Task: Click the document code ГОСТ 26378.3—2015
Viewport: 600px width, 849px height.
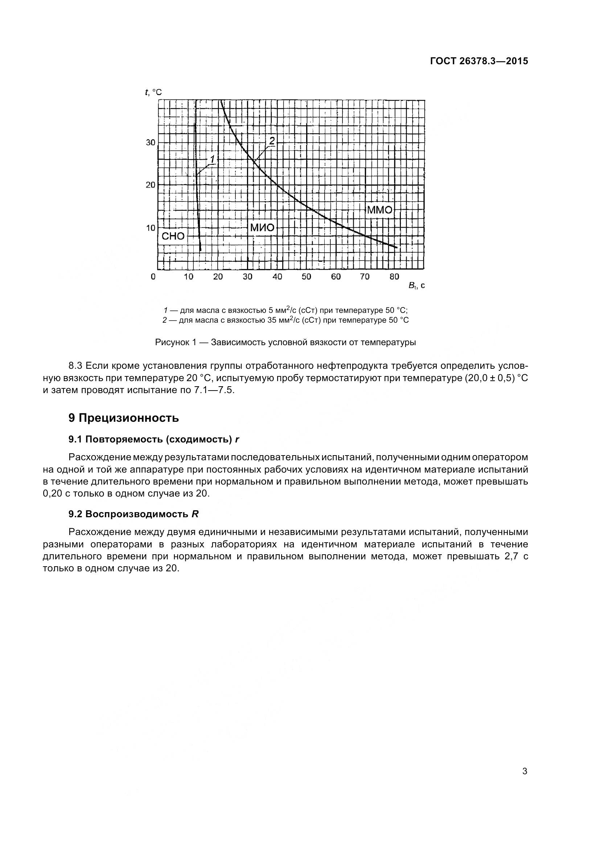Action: [479, 61]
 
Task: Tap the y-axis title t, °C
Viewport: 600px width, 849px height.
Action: [153, 91]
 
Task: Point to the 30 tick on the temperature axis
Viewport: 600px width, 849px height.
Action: [151, 142]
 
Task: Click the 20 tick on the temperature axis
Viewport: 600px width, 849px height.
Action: [151, 184]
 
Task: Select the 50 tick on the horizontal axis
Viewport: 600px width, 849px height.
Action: [306, 277]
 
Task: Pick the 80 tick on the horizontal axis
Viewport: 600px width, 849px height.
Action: [394, 277]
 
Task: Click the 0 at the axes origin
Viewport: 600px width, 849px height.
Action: [153, 277]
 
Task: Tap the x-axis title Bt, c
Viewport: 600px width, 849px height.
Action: [416, 286]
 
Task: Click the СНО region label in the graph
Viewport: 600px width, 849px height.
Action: [173, 236]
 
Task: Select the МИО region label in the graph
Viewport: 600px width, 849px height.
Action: [262, 228]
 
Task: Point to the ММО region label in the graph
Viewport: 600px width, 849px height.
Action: [379, 210]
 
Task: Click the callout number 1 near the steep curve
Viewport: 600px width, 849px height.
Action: [213, 159]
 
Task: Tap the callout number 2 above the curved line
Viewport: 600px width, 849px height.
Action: [272, 141]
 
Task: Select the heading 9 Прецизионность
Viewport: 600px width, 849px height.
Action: [124, 418]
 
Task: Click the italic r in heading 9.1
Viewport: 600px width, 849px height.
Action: [237, 439]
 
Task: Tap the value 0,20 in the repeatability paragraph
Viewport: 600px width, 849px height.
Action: [52, 494]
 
